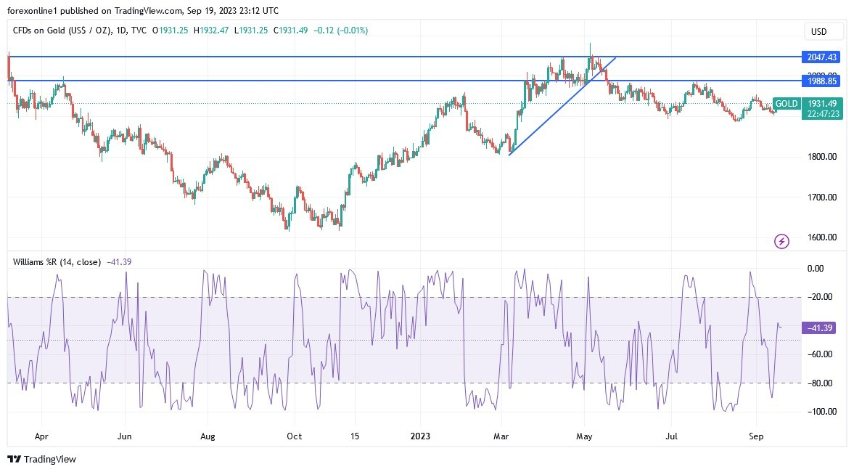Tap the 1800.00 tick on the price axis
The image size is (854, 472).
821,157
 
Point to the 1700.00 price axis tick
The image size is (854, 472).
821,197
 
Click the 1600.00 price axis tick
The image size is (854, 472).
821,237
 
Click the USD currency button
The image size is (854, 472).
824,31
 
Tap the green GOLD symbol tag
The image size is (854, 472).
787,104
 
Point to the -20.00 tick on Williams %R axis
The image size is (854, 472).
820,297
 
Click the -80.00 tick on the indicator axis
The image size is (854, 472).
820,383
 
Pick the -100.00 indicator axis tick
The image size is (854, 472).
818,412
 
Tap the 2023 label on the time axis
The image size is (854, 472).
421,437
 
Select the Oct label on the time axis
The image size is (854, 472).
294,437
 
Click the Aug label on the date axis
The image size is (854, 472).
208,437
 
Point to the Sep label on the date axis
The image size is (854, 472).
757,437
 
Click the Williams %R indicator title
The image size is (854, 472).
57,261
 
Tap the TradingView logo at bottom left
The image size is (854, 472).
41,459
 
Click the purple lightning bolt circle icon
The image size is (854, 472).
781,241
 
